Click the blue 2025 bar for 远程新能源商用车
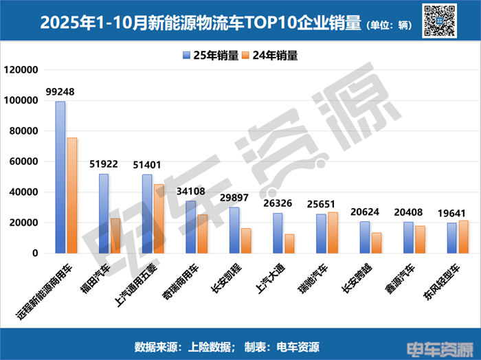[60, 177]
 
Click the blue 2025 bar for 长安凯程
[234, 230]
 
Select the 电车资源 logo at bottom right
[446, 348]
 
